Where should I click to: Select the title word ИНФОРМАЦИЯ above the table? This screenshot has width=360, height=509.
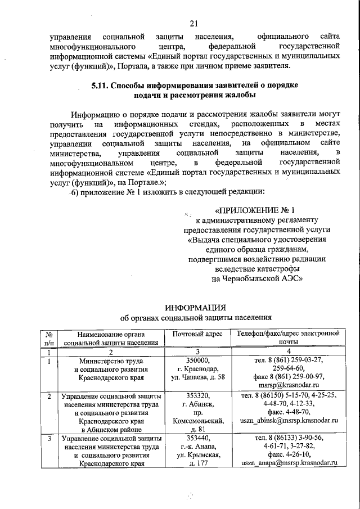195,307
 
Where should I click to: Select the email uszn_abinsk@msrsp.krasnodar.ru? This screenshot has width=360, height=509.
289,420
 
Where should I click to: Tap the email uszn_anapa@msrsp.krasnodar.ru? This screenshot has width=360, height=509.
289,463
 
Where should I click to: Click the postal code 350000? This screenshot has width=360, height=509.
197,361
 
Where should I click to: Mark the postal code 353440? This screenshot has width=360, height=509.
197,438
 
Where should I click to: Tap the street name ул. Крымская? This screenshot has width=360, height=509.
197,454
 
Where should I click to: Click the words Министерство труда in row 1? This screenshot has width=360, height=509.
110,361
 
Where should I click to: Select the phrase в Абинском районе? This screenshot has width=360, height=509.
110,429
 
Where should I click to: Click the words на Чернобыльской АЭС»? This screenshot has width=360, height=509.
258,277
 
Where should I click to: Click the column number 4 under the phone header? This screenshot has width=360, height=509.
289,352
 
